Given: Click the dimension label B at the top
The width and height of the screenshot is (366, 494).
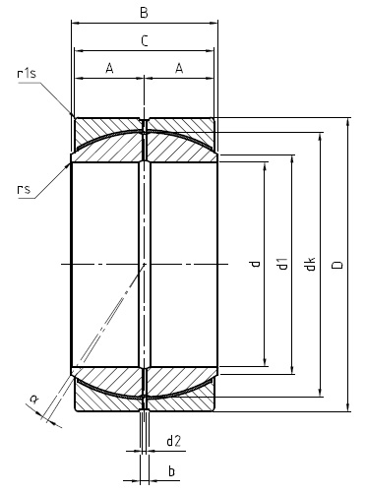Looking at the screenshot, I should click(144, 13).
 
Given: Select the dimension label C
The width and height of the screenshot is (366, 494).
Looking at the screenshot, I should click(144, 40).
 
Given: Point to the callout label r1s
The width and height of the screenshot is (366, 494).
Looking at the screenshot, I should click(27, 73).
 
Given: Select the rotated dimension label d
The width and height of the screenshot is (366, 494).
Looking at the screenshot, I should click(255, 265).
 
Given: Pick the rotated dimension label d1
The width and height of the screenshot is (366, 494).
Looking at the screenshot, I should click(282, 265).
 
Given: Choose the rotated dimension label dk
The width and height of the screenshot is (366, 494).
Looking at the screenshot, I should click(310, 265).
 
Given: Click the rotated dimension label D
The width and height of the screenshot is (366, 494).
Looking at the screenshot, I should click(338, 265).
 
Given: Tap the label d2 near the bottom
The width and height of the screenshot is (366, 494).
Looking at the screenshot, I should click(173, 440).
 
